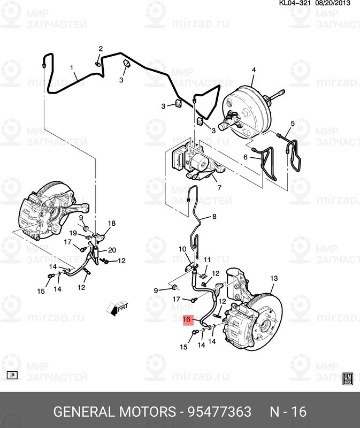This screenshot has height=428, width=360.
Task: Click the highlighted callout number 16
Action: click(x=187, y=320)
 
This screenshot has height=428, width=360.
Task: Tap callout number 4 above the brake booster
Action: click(x=254, y=70)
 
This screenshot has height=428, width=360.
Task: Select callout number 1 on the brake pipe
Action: click(x=72, y=68)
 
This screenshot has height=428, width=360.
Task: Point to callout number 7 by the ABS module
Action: click(x=218, y=188)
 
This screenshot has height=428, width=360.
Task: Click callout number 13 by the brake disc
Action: click(x=274, y=278)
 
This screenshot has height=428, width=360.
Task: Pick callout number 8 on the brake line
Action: click(x=215, y=217)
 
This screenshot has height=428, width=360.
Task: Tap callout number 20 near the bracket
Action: click(x=112, y=250)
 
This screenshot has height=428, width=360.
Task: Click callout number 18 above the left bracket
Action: click(x=112, y=223)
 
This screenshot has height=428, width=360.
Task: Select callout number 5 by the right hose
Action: click(x=292, y=124)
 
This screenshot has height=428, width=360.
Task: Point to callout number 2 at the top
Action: click(x=100, y=49)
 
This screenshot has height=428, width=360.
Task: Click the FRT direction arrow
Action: click(x=118, y=308)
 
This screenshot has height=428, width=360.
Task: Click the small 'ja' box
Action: click(x=12, y=376)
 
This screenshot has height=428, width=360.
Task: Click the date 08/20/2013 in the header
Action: click(x=332, y=4)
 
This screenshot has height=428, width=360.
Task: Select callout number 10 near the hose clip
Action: click(x=182, y=249)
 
